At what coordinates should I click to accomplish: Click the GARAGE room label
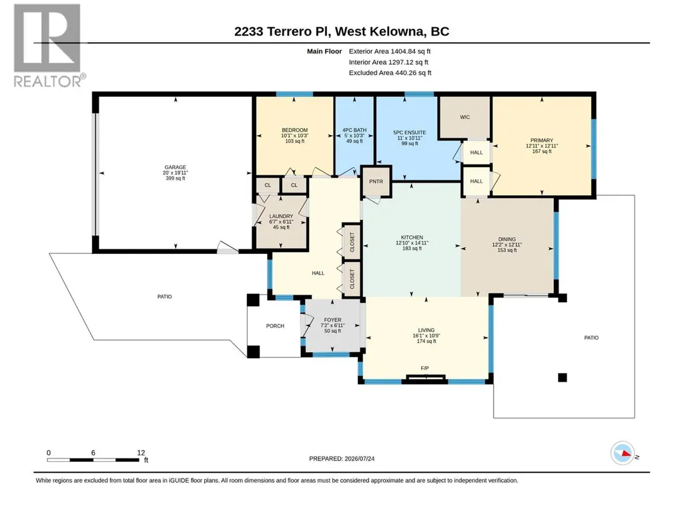[x=176, y=167]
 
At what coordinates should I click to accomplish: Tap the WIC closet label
[x=465, y=117]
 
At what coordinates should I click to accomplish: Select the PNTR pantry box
[x=376, y=181]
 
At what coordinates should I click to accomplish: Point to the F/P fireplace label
[x=424, y=368]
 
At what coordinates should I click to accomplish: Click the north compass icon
[x=623, y=453]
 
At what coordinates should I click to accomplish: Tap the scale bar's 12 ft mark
[x=141, y=453]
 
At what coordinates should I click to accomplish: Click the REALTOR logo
[x=48, y=45]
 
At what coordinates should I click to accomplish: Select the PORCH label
[x=275, y=326]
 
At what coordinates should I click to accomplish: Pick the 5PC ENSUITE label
[x=410, y=132]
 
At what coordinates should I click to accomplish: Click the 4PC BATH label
[x=354, y=130]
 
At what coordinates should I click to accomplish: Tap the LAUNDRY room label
[x=281, y=217]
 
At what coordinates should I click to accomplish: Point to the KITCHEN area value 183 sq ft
[x=412, y=248]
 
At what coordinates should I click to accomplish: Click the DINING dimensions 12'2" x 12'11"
[x=507, y=245]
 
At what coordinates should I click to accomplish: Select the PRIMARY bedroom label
[x=542, y=140]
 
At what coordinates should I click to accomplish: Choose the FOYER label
[x=332, y=320]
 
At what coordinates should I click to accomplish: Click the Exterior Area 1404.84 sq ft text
[x=390, y=51]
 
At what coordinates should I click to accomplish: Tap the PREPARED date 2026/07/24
[x=360, y=459]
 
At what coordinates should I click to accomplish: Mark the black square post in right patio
[x=563, y=378]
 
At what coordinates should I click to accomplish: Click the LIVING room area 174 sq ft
[x=426, y=342]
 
